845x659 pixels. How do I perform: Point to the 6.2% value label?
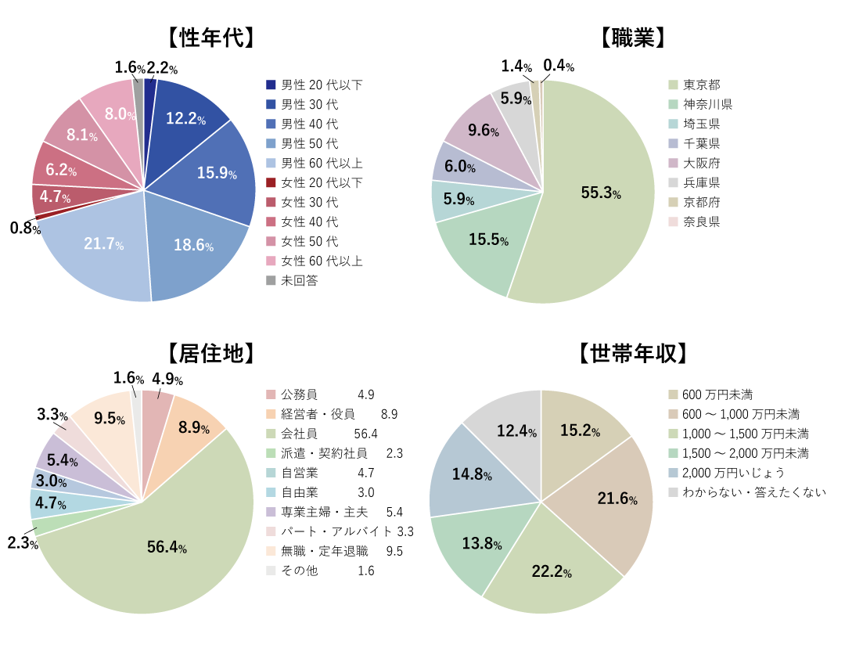coord(60,170)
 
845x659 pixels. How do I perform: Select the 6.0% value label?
coord(459,167)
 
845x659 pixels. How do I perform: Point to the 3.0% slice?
coord(49,481)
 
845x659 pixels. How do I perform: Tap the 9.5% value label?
coord(109,419)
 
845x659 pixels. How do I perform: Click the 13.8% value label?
coord(482,544)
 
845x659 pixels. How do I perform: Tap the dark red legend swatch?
coord(271,182)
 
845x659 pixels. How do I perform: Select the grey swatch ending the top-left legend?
coord(271,280)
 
